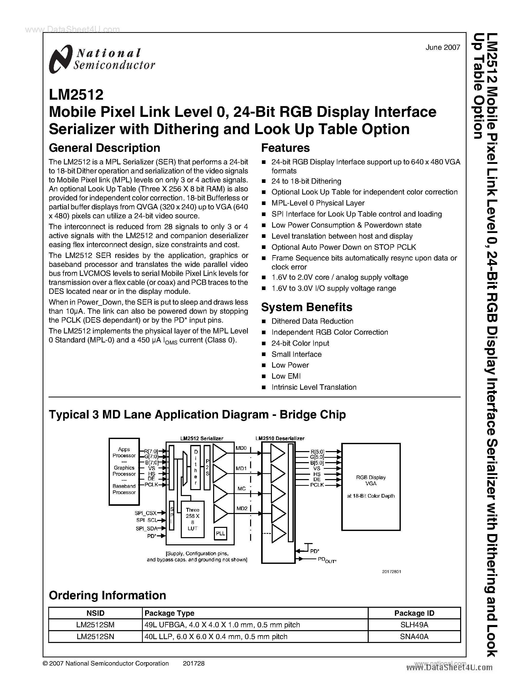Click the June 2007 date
point(442,48)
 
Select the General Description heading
point(104,148)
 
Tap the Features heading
point(285,148)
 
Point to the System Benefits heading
point(307,307)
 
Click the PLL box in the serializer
point(220,533)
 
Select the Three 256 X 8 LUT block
point(192,519)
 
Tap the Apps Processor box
point(124,471)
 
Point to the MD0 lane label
point(241,448)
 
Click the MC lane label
point(241,489)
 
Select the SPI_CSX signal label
point(146,513)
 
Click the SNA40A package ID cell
point(414,637)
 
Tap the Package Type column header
point(169,613)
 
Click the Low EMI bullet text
point(286,376)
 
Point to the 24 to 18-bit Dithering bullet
point(306,181)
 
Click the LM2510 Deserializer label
point(280,438)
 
